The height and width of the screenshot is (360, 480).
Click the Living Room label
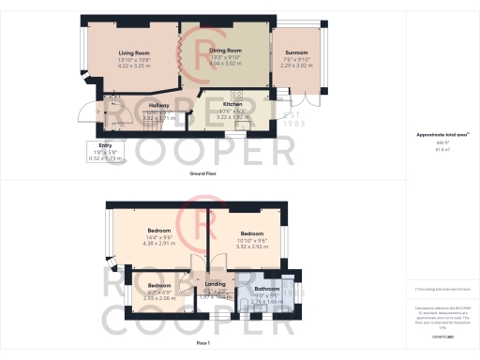135,52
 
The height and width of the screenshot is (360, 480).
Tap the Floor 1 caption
203,344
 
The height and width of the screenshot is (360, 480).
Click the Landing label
216,283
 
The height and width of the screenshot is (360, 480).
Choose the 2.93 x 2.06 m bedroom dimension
159,296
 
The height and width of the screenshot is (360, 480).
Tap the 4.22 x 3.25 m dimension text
135,65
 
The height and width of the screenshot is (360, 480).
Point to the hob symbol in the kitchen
237,94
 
